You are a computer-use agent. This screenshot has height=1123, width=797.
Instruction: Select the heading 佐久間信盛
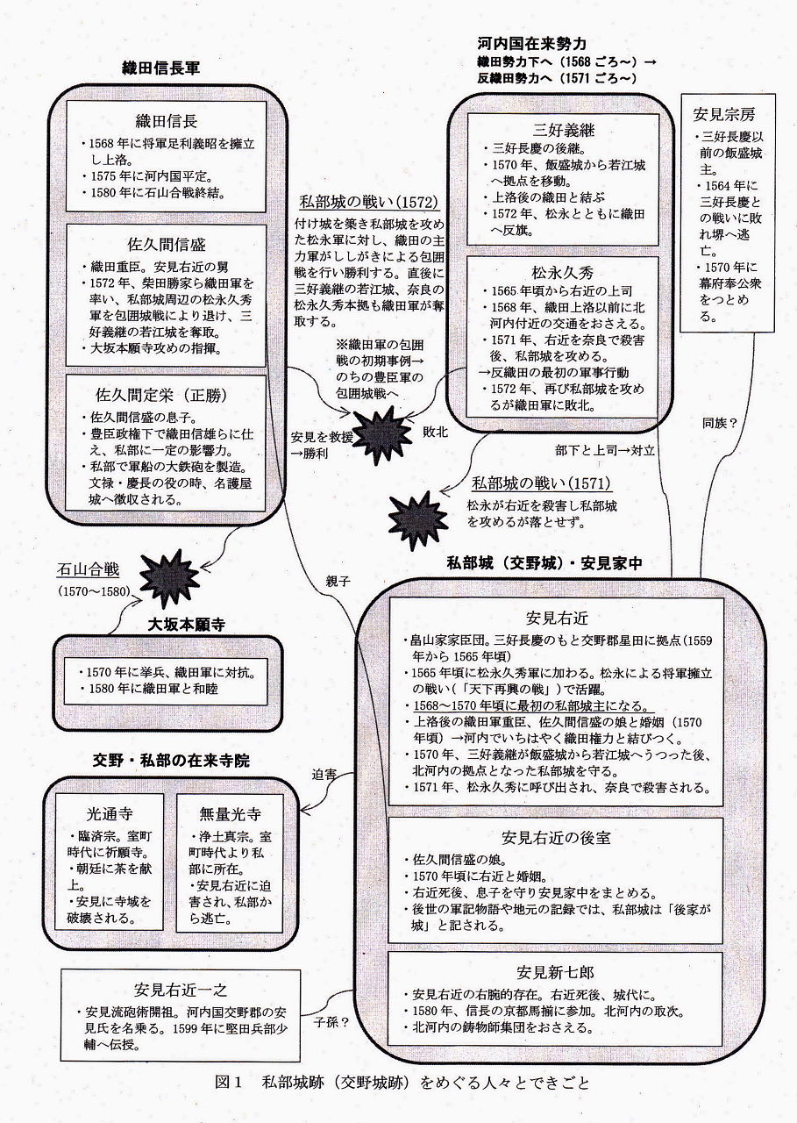166,244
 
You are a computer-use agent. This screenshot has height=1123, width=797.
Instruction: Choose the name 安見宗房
722,115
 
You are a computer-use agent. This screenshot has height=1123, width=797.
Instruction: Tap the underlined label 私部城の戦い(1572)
368,201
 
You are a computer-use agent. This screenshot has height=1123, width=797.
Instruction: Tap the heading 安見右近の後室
556,837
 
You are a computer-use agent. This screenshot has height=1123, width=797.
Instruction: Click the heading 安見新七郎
556,972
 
